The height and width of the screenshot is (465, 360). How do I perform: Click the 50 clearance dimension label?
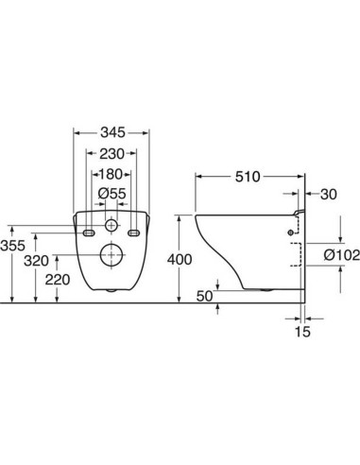[203, 296]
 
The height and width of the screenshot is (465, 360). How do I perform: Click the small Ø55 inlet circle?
[111, 227]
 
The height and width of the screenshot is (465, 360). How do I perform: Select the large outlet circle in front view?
[111, 255]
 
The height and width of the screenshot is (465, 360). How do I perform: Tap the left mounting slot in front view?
[88, 232]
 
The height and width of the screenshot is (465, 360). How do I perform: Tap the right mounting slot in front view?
[134, 232]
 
